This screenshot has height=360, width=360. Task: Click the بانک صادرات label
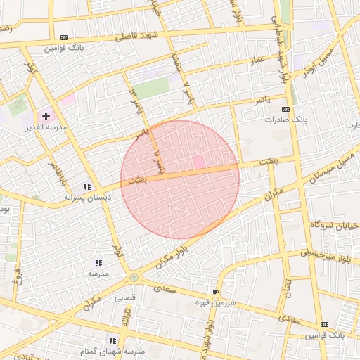coord(282,120)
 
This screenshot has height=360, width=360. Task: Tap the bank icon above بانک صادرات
coord(285,110)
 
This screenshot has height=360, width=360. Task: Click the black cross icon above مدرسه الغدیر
coord(46,116)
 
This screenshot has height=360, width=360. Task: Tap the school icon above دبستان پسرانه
coord(88,186)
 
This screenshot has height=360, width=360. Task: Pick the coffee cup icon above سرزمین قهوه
coord(215,291)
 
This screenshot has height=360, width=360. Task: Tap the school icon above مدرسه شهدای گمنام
coord(112,340)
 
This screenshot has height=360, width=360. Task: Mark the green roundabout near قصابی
coord(134,277)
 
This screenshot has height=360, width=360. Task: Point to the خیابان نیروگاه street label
coord(335,225)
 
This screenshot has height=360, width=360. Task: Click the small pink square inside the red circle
coord(199,162)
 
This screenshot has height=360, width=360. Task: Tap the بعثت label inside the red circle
coord(139,180)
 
